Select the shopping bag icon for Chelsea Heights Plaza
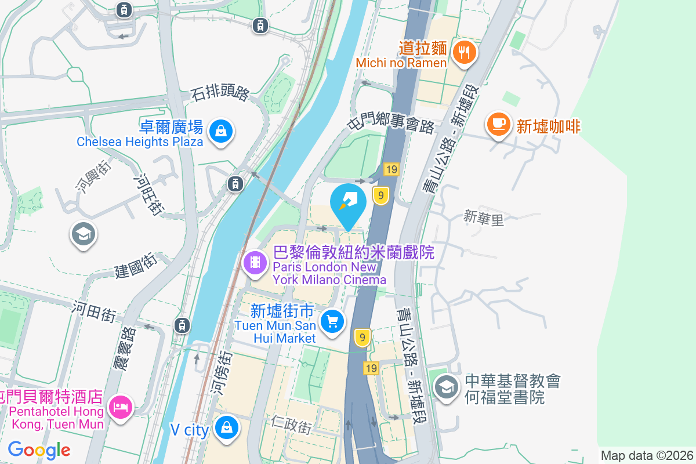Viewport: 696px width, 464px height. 221,131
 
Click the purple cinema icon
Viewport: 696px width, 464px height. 255,263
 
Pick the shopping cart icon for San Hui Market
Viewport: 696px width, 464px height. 332,321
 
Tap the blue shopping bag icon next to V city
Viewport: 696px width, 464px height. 226,428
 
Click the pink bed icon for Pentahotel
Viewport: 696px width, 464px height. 121,407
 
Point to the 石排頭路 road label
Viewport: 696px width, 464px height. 220,93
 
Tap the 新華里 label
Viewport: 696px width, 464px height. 484,218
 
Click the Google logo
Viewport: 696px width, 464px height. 39,449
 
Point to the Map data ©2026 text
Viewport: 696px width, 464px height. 647,455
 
